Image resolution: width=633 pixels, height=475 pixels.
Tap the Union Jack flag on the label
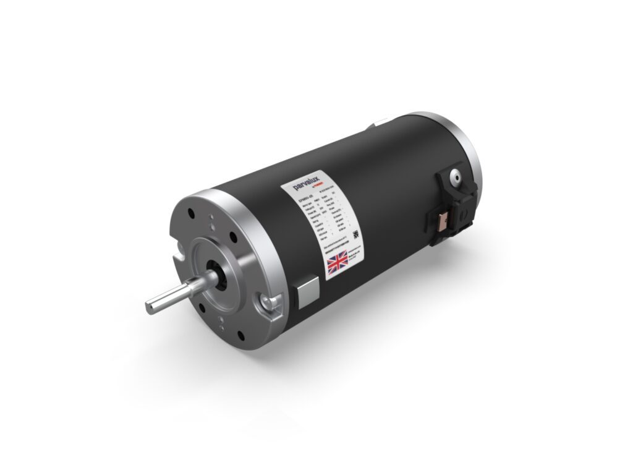point(338,262)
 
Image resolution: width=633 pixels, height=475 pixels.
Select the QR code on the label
point(356,234)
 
